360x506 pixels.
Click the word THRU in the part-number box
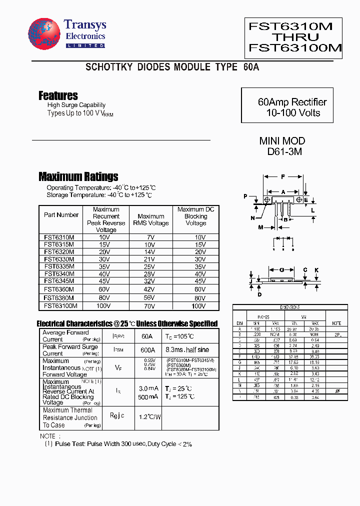[295, 37]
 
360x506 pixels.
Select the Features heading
[58, 95]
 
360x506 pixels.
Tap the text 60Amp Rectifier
[292, 102]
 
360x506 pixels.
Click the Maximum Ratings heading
[78, 176]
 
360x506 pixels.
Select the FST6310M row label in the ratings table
[59, 237]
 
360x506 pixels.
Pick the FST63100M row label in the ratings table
[60, 305]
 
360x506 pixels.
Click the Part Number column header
[61, 215]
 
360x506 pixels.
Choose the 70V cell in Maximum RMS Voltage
[150, 305]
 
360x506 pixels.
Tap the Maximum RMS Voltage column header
[150, 220]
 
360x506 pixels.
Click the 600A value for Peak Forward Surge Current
[147, 350]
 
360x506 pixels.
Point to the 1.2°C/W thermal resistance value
[149, 416]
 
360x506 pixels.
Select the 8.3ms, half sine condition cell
[187, 350]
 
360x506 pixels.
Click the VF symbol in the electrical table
[118, 367]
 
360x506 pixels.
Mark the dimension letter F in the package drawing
[283, 177]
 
